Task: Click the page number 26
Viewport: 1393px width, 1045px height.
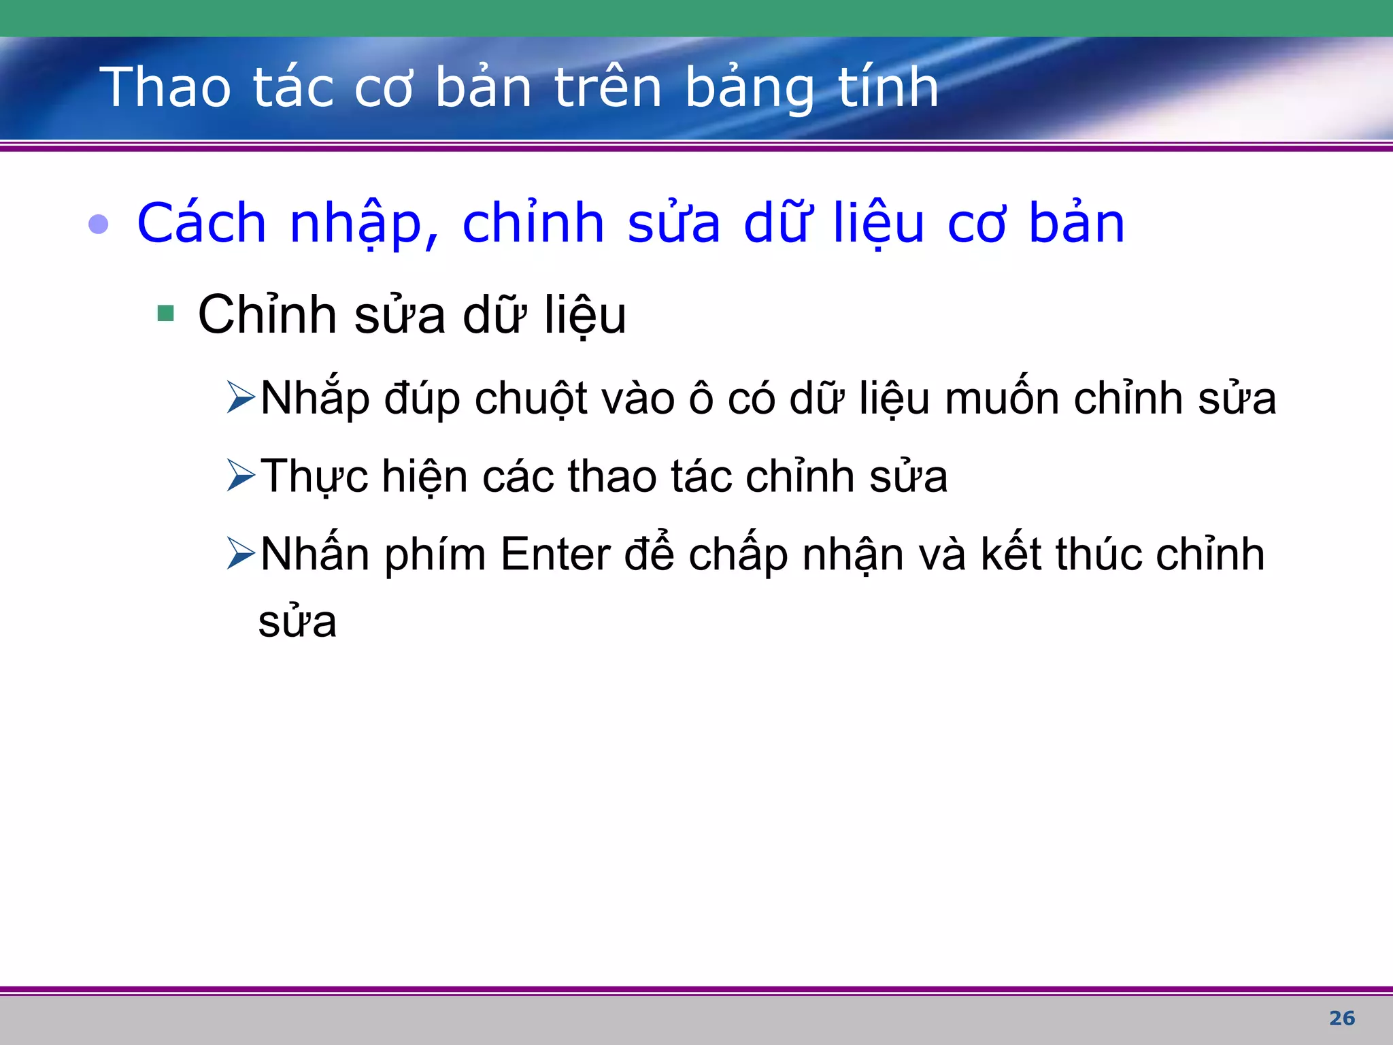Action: pyautogui.click(x=1342, y=1018)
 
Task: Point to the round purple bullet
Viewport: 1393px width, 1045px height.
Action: pyautogui.click(x=99, y=224)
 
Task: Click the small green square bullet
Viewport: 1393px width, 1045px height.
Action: pyautogui.click(x=165, y=314)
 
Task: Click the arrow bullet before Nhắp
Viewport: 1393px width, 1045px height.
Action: pyautogui.click(x=241, y=397)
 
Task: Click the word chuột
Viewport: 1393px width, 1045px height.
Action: pyautogui.click(x=531, y=399)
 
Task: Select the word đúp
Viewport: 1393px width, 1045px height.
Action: pyautogui.click(x=422, y=399)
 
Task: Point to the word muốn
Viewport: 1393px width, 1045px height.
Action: pyautogui.click(x=1002, y=399)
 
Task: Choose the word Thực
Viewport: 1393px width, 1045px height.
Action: pyautogui.click(x=314, y=476)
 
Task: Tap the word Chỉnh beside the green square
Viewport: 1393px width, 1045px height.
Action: pyautogui.click(x=267, y=315)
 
